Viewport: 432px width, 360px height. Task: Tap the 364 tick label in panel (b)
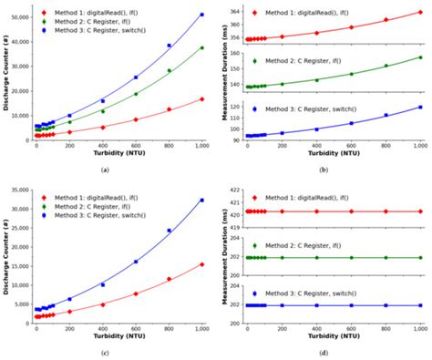pyautogui.click(x=233, y=11)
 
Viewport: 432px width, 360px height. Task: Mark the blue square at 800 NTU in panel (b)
pyautogui.click(x=386, y=115)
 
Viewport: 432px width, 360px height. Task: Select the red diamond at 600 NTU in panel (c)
pyautogui.click(x=136, y=293)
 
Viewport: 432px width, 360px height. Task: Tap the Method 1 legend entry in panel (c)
pyautogui.click(x=83, y=197)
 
